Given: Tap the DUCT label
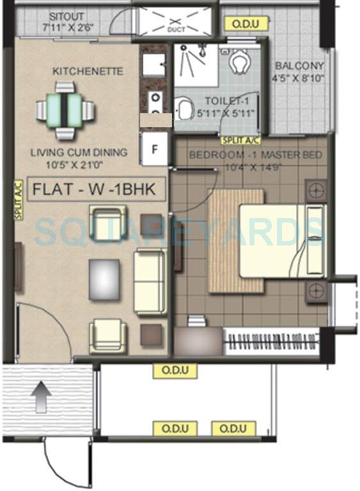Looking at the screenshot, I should click(x=175, y=29).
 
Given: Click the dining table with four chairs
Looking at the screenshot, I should click(x=64, y=113).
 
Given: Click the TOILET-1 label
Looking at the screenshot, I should click(x=229, y=101).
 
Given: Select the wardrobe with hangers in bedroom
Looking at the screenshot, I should click(x=276, y=338).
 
